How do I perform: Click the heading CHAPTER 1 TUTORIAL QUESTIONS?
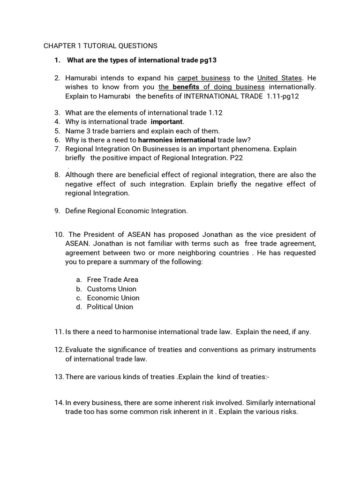tap(100, 46)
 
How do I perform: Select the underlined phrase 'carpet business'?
tap(204, 78)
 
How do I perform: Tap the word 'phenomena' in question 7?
tap(251, 149)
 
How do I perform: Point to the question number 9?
tap(57, 211)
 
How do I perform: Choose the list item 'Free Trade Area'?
tap(112, 280)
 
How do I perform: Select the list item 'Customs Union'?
tap(112, 289)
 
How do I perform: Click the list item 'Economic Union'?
tap(113, 298)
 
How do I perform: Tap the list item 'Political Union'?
tap(110, 307)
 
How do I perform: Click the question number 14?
tap(58, 403)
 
